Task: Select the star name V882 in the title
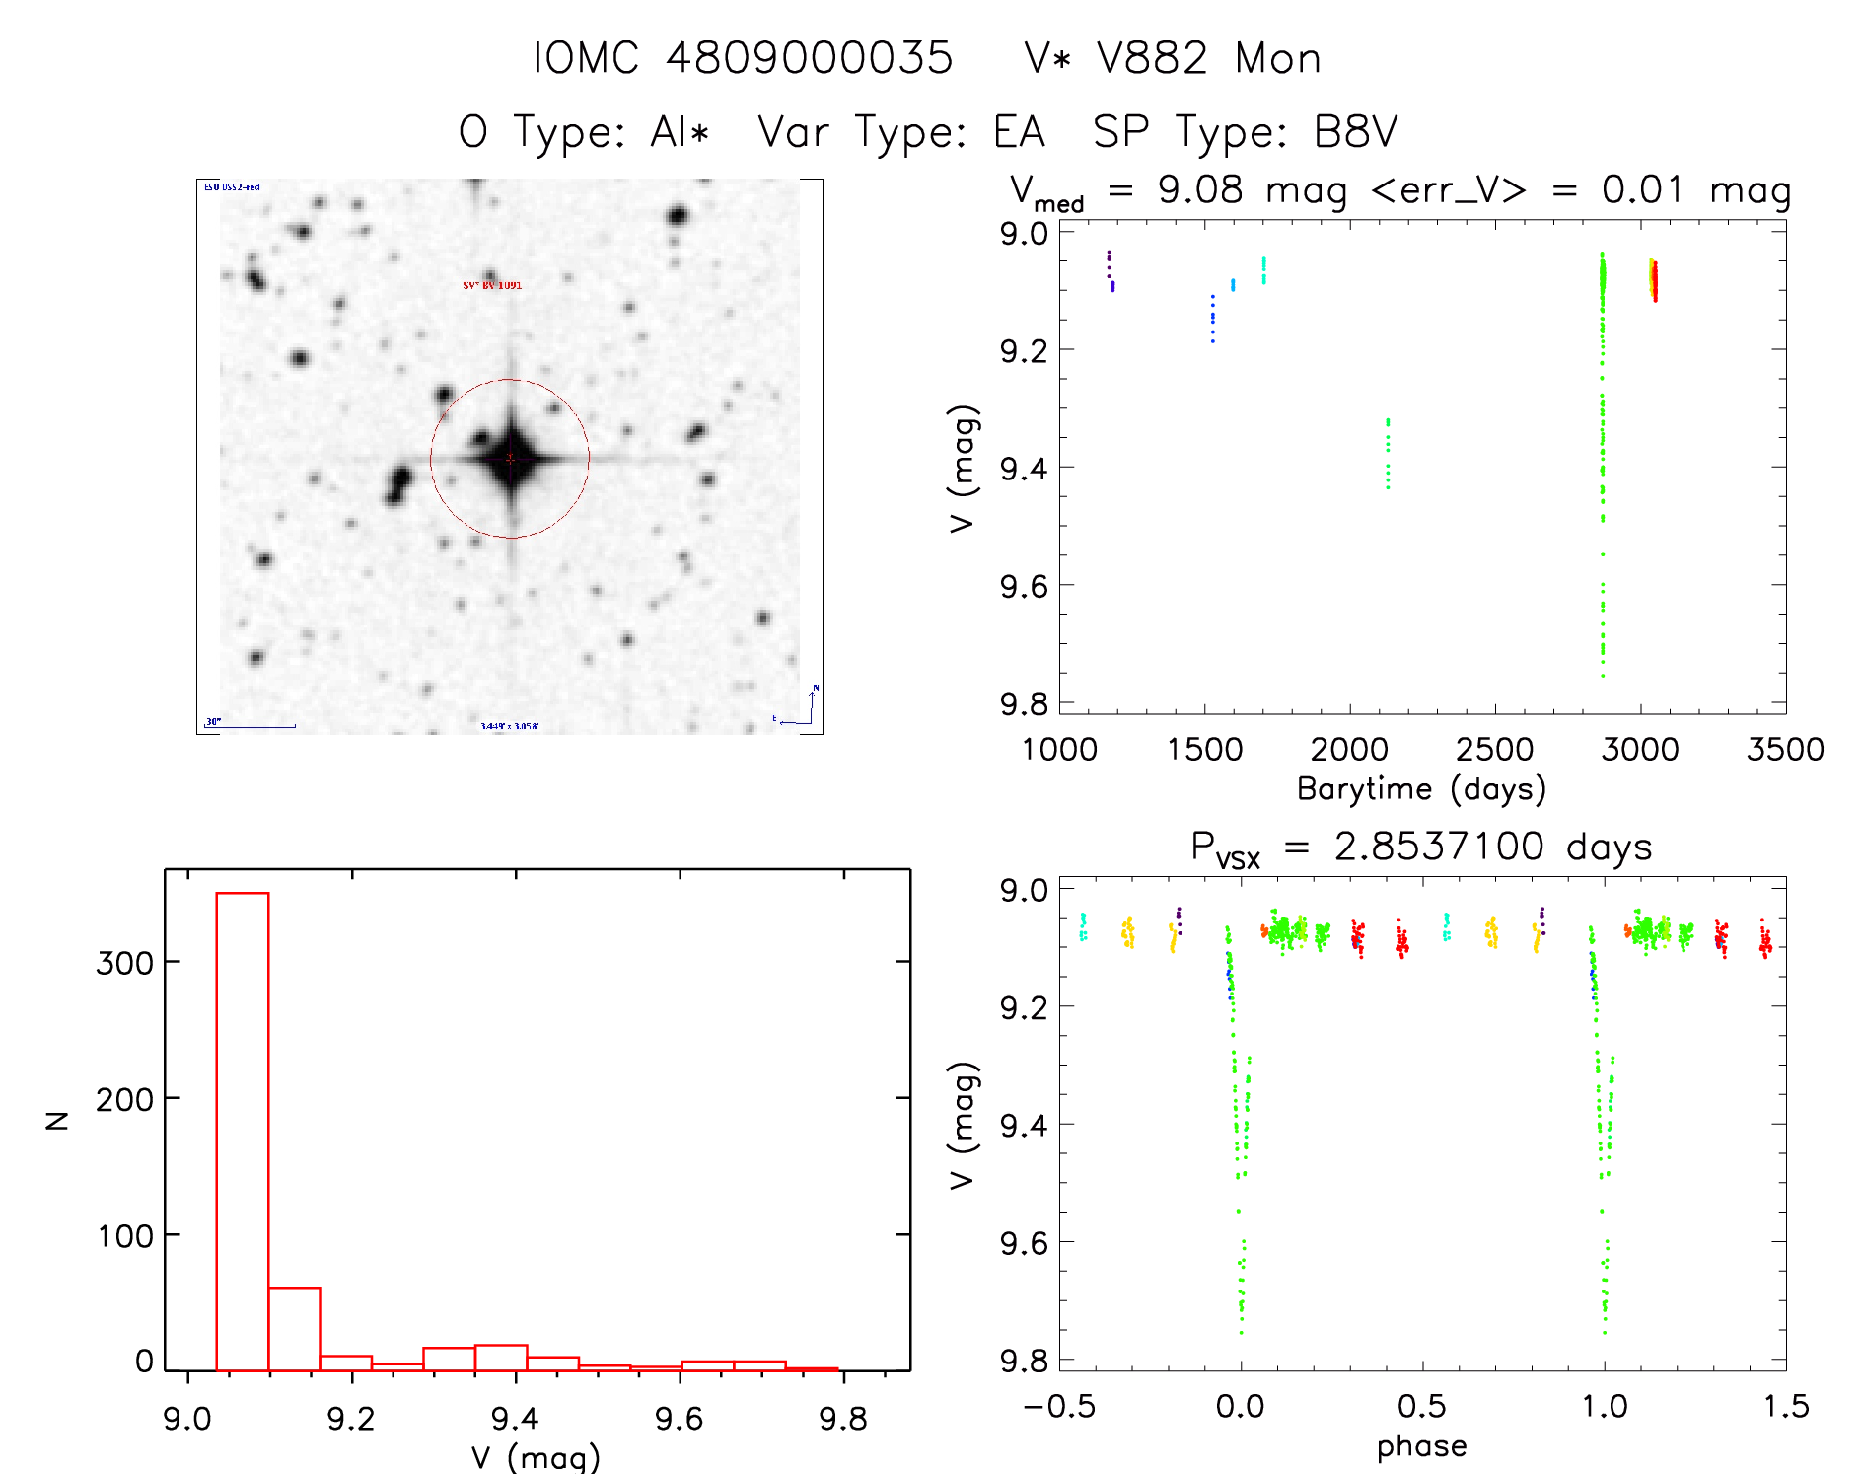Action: coord(1152,58)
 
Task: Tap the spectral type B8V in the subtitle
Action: coord(1355,131)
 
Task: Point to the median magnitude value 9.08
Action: coord(1200,189)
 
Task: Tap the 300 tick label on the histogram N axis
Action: coord(124,963)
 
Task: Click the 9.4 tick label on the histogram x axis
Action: coord(514,1419)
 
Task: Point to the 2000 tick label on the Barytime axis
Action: coord(1348,749)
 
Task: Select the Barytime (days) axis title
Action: coord(1421,788)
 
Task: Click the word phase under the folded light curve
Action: coord(1421,1446)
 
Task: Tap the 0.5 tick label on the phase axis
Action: coord(1421,1406)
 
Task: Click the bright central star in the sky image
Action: coord(510,459)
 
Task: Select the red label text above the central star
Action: coord(492,285)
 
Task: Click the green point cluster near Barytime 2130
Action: coord(1388,453)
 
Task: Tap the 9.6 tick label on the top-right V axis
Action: coord(1023,586)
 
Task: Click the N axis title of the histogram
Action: coord(57,1120)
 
